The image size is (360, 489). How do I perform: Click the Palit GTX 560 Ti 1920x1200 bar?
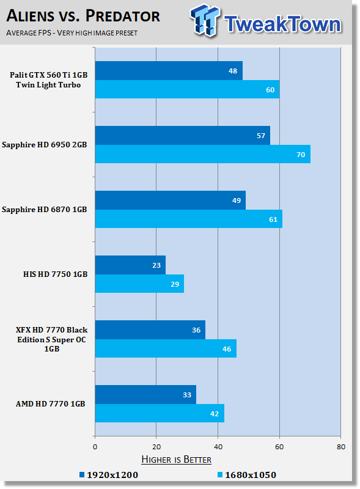169,70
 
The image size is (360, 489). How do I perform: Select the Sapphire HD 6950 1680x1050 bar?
203,154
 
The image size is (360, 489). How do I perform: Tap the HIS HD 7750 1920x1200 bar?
130,265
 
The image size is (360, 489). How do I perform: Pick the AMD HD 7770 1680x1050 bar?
160,413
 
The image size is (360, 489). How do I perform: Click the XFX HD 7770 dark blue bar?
150,329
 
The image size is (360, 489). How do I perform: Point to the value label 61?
273,219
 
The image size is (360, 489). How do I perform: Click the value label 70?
301,155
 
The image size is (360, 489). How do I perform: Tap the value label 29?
175,284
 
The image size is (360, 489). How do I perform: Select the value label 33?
187,395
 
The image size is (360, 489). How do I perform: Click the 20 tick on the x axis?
156,447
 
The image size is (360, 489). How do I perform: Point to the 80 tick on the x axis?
341,447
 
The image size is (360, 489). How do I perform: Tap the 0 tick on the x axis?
95,447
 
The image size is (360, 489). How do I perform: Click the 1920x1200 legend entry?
109,475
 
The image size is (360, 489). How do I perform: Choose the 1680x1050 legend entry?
247,475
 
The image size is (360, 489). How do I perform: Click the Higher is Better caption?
176,460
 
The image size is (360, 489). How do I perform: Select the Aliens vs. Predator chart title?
83,16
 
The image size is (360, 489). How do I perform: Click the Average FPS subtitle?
72,33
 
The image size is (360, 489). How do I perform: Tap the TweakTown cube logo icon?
204,20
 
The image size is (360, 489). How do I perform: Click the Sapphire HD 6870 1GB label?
44,210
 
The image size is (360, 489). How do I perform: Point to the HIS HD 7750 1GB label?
55,274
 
